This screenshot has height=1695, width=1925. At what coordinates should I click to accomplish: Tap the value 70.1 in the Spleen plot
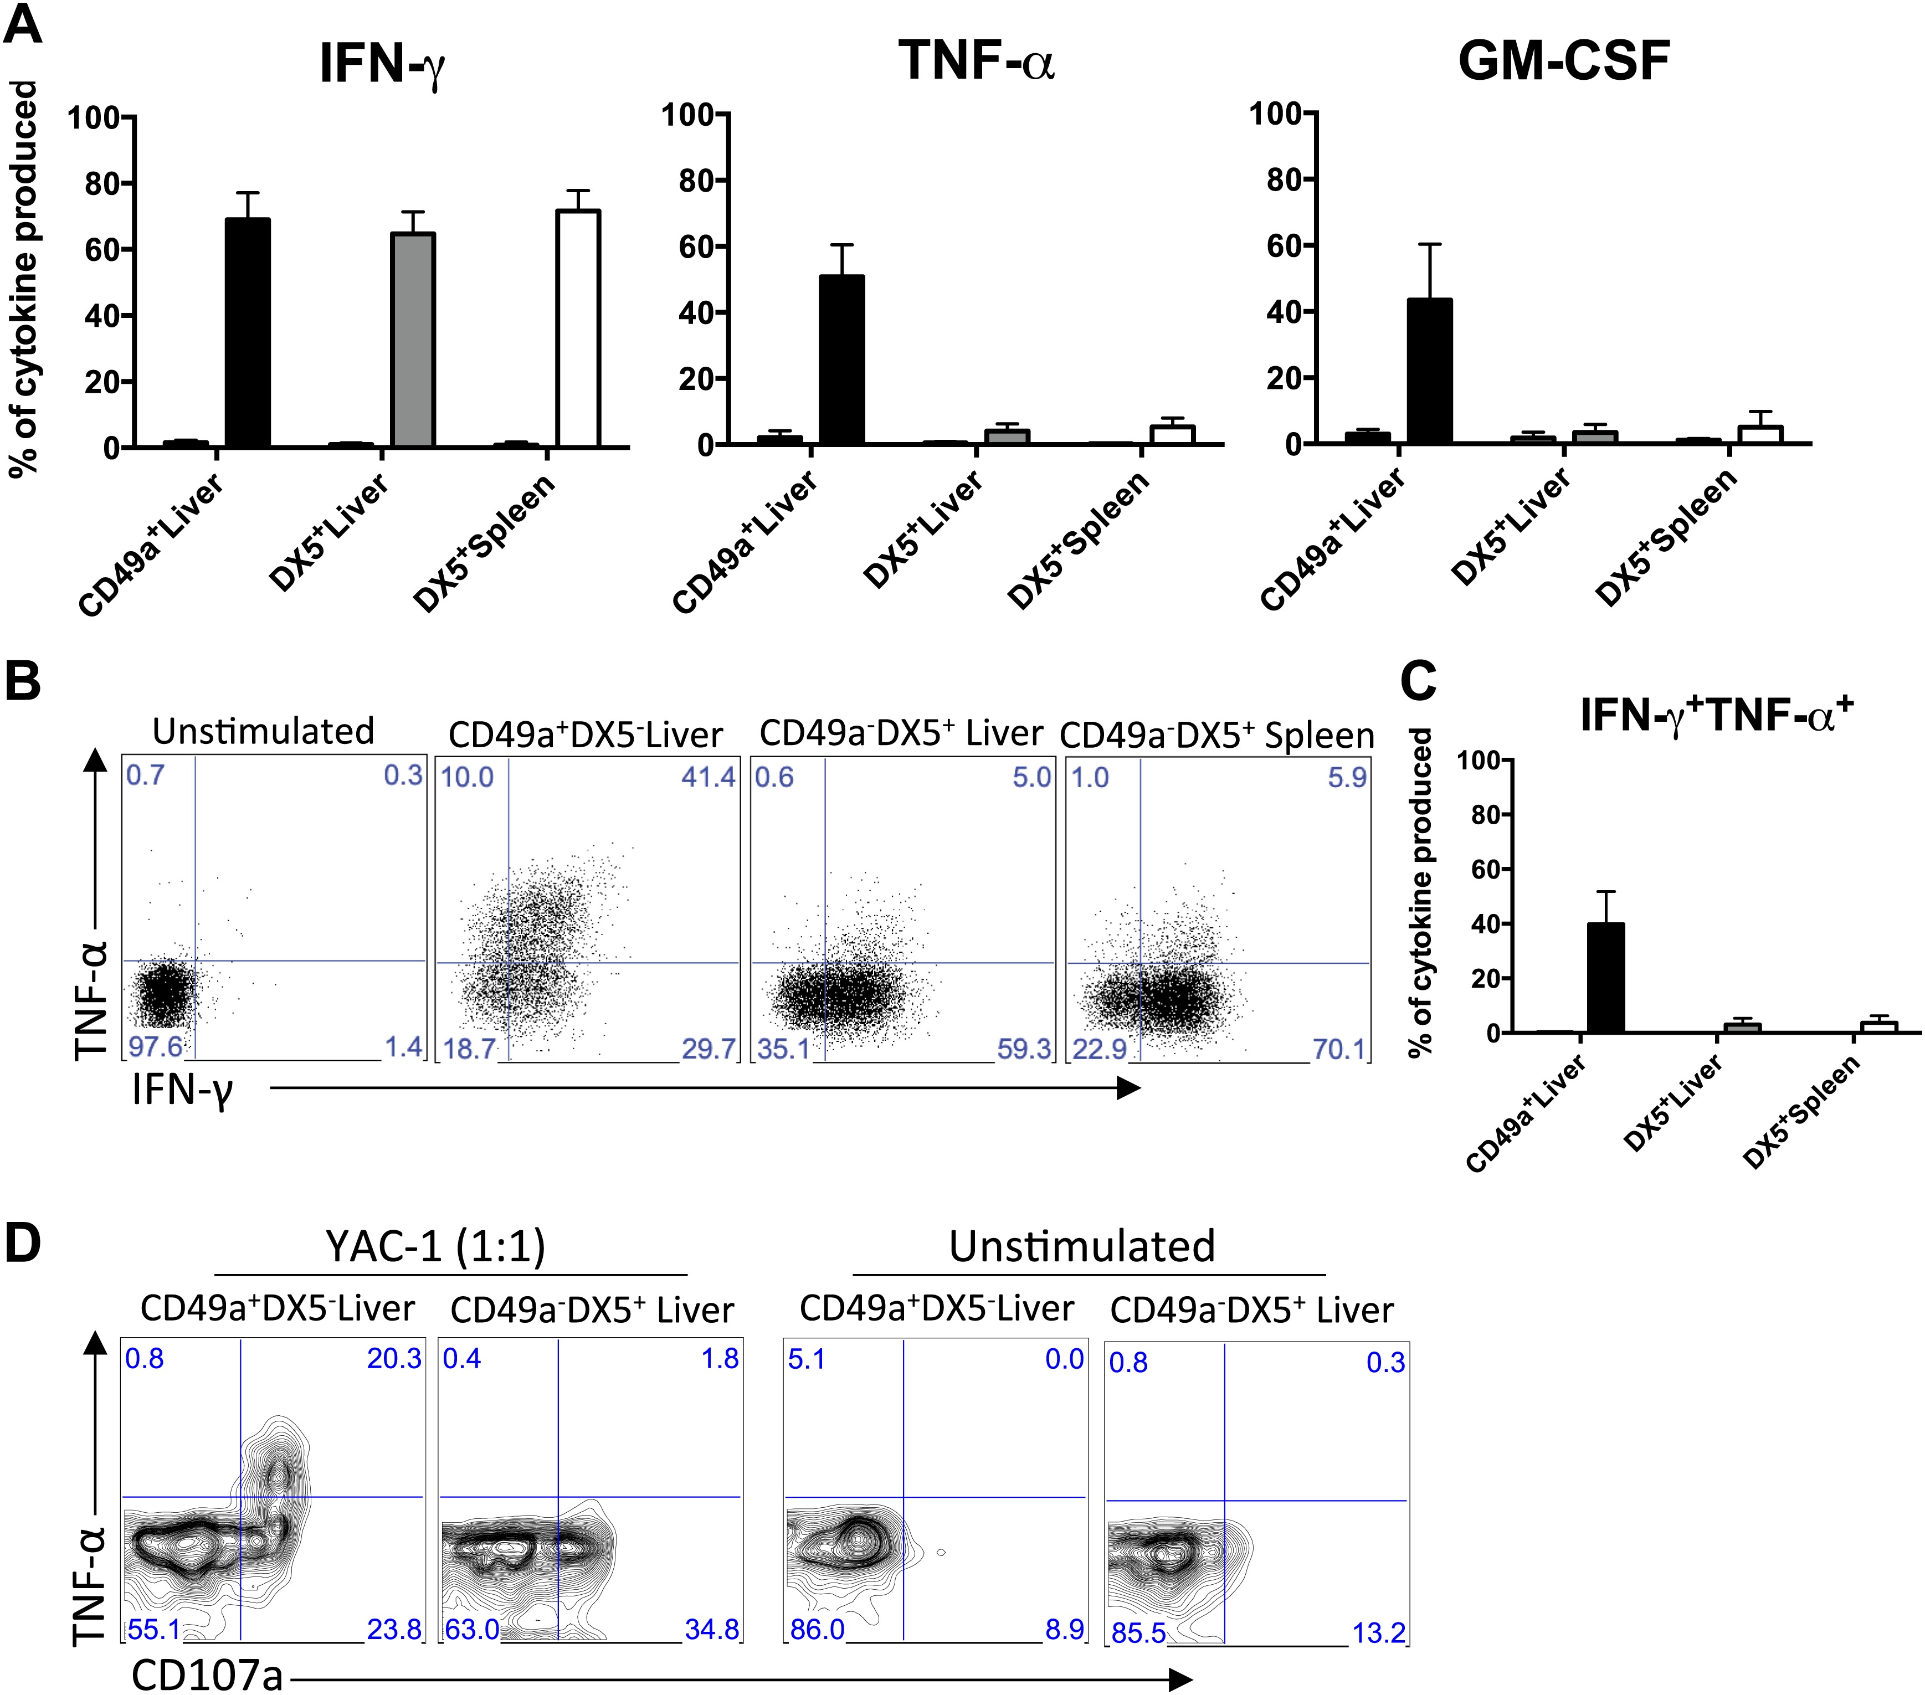point(1338,1048)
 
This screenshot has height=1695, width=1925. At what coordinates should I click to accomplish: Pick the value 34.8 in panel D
point(711,1629)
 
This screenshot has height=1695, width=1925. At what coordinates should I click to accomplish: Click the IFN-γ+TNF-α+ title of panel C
point(1716,714)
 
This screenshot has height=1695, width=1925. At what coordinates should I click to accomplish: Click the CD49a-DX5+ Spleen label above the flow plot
point(1217,736)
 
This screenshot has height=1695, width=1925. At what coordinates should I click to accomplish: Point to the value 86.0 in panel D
point(817,1629)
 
